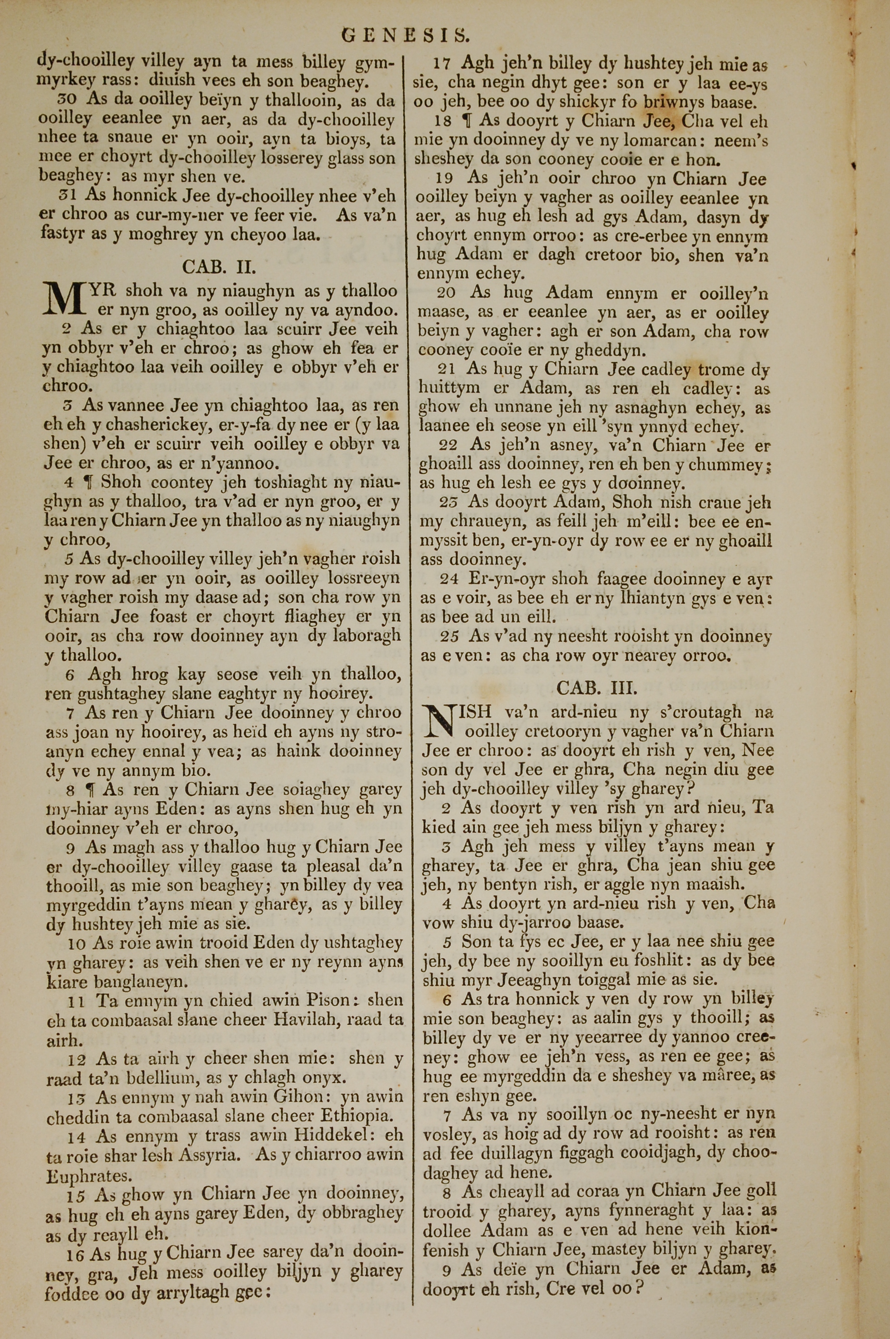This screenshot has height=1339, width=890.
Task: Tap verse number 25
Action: click(449, 636)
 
